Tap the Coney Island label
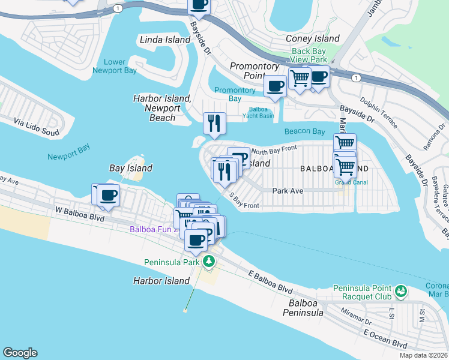point(313,38)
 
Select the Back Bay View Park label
point(309,55)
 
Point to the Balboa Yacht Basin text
point(259,112)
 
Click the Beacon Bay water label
point(304,131)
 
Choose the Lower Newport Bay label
point(115,66)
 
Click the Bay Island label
point(130,168)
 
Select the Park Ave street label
point(288,191)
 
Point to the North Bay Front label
point(274,149)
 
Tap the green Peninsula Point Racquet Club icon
point(401,292)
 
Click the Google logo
point(20,352)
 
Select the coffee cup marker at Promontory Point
point(275,86)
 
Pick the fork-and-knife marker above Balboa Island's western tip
point(214,123)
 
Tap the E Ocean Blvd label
point(385,339)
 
